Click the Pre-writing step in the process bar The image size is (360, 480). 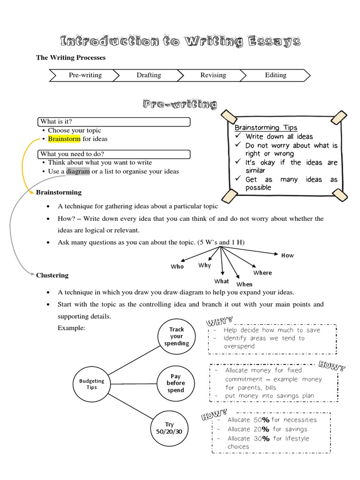pos(85,75)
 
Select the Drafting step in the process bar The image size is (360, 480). pos(149,75)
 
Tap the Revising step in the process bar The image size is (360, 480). pos(213,75)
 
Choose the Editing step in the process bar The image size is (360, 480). pos(276,75)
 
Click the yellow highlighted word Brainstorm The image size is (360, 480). pos(64,139)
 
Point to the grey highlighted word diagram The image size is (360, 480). pos(78,171)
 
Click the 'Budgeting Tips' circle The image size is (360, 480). pos(91,384)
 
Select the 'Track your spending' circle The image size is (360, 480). pos(176,337)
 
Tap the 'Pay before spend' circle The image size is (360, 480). pos(176,383)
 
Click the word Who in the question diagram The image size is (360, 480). pos(177,267)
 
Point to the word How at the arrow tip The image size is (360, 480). pos(287,255)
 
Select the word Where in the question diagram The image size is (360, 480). pos(262,273)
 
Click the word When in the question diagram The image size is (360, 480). pos(244,284)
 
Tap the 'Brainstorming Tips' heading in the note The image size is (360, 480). pos(266,127)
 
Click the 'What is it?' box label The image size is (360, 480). pos(56,122)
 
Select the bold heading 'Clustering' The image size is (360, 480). pos(52,275)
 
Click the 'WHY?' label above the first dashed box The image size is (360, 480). pos(219,322)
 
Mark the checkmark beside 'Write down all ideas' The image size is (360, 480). pos(238,136)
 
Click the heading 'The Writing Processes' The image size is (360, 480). pos(71,58)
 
